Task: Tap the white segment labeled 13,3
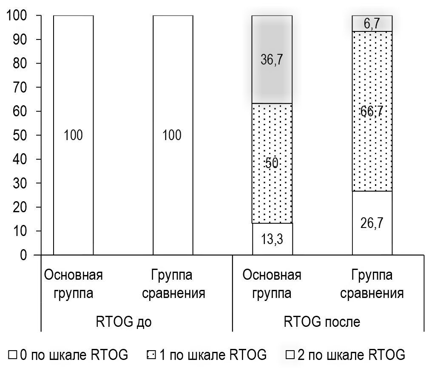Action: coord(272,239)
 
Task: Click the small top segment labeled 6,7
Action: coord(372,24)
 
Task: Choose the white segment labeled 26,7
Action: coord(372,223)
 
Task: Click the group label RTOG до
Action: coord(123,321)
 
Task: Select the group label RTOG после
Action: coord(322,321)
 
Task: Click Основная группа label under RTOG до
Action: coord(73,284)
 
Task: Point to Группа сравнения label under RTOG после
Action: coord(372,284)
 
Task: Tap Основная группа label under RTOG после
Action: coord(272,284)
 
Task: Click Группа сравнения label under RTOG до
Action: coord(173,284)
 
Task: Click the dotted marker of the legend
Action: coord(150,355)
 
